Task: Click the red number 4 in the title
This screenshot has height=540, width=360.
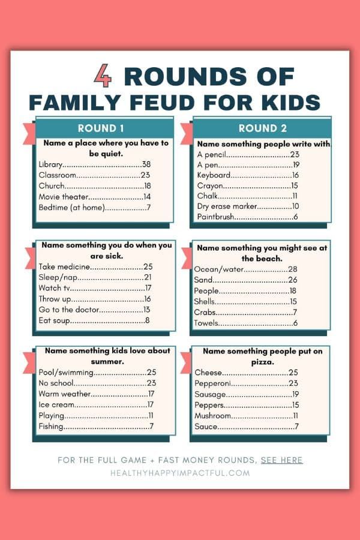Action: (103, 77)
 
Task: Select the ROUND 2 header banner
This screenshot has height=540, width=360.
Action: (262, 128)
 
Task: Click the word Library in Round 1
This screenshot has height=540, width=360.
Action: (50, 164)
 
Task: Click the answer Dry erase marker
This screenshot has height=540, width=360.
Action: (227, 206)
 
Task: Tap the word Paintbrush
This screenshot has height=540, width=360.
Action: (215, 217)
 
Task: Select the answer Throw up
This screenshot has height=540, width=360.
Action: (54, 299)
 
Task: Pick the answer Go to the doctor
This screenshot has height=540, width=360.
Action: (68, 310)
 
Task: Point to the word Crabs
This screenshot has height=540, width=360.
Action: (205, 313)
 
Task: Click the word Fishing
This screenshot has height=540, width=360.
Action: (51, 427)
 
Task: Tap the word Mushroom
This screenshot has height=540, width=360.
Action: (212, 416)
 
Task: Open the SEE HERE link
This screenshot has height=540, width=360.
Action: (281, 460)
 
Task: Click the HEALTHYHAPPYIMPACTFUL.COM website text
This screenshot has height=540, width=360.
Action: (179, 473)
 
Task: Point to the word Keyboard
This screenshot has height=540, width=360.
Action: (214, 175)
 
